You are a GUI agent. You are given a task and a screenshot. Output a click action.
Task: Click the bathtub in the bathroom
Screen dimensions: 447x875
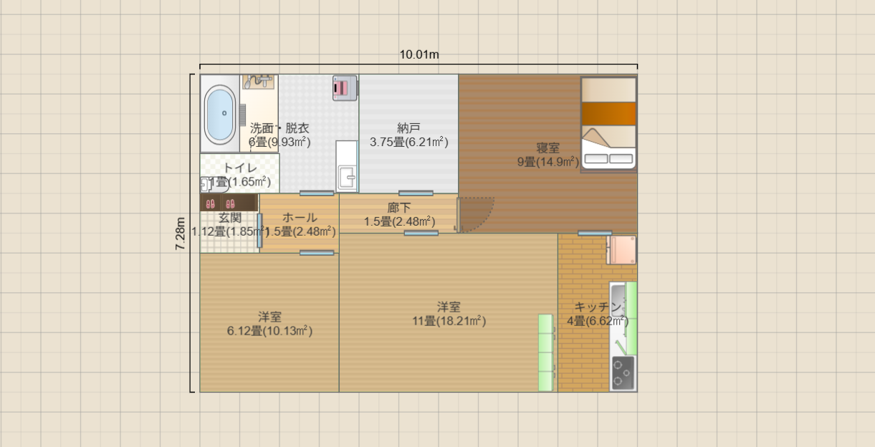pos(220,115)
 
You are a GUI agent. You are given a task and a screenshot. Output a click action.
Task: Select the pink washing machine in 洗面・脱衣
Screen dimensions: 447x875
pos(344,87)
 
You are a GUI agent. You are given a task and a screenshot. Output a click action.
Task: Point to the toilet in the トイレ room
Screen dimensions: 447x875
pos(207,185)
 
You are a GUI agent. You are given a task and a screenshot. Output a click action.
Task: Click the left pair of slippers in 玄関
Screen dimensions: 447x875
pos(211,204)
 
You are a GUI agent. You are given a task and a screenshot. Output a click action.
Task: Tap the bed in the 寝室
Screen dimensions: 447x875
pos(608,123)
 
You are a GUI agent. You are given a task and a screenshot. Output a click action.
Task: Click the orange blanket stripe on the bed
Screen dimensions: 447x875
pos(608,114)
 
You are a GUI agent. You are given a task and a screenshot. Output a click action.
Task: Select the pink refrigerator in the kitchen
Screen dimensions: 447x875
pos(621,250)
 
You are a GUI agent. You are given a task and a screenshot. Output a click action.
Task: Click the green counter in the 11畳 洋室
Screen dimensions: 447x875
pos(547,352)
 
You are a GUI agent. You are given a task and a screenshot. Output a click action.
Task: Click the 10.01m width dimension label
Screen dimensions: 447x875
pos(419,54)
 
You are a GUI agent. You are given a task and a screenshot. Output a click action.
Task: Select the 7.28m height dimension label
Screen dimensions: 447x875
pos(181,234)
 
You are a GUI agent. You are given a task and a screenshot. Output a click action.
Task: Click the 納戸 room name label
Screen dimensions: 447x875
pos(408,128)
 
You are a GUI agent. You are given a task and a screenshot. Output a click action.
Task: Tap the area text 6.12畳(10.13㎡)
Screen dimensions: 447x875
pos(269,331)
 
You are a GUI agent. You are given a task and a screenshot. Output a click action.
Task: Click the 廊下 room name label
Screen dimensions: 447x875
pos(399,208)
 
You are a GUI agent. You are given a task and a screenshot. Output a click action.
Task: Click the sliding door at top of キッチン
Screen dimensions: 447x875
pos(595,233)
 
